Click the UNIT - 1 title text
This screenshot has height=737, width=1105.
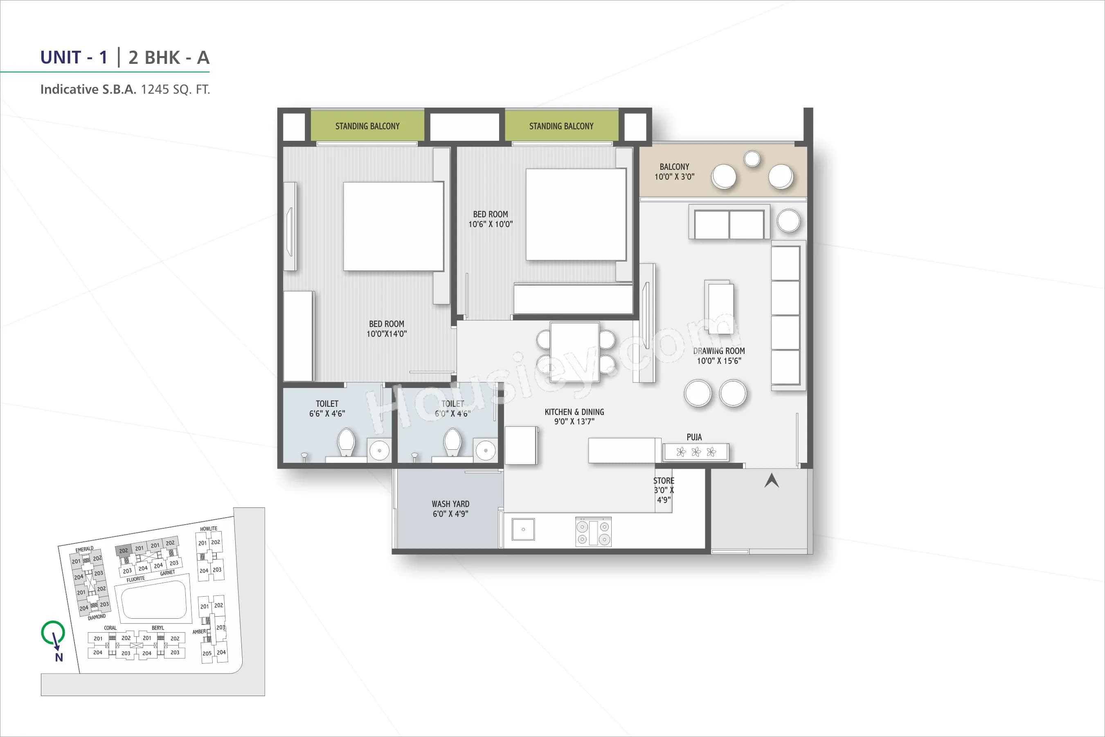coord(74,57)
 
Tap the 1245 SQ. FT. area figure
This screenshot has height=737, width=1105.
coord(175,89)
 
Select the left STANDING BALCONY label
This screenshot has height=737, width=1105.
coord(367,126)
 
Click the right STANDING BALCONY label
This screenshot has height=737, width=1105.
coord(561,126)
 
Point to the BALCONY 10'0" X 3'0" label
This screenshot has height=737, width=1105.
coord(674,171)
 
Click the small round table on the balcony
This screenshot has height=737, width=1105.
coord(752,159)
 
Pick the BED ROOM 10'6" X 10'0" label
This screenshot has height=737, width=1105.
coord(491,219)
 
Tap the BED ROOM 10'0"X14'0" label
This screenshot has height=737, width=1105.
coord(386,329)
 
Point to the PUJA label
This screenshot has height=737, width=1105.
coord(694,437)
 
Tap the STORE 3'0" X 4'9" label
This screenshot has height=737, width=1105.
coord(664,490)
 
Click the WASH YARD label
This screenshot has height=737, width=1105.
coord(450,509)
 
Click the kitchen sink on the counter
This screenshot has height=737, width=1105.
coord(523,529)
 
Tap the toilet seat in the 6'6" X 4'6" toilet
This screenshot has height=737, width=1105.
coord(347,442)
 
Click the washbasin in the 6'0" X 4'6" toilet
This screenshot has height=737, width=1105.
coord(485,450)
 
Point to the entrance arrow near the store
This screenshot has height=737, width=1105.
coord(772,480)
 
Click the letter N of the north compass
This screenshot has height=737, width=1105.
coord(59,658)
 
